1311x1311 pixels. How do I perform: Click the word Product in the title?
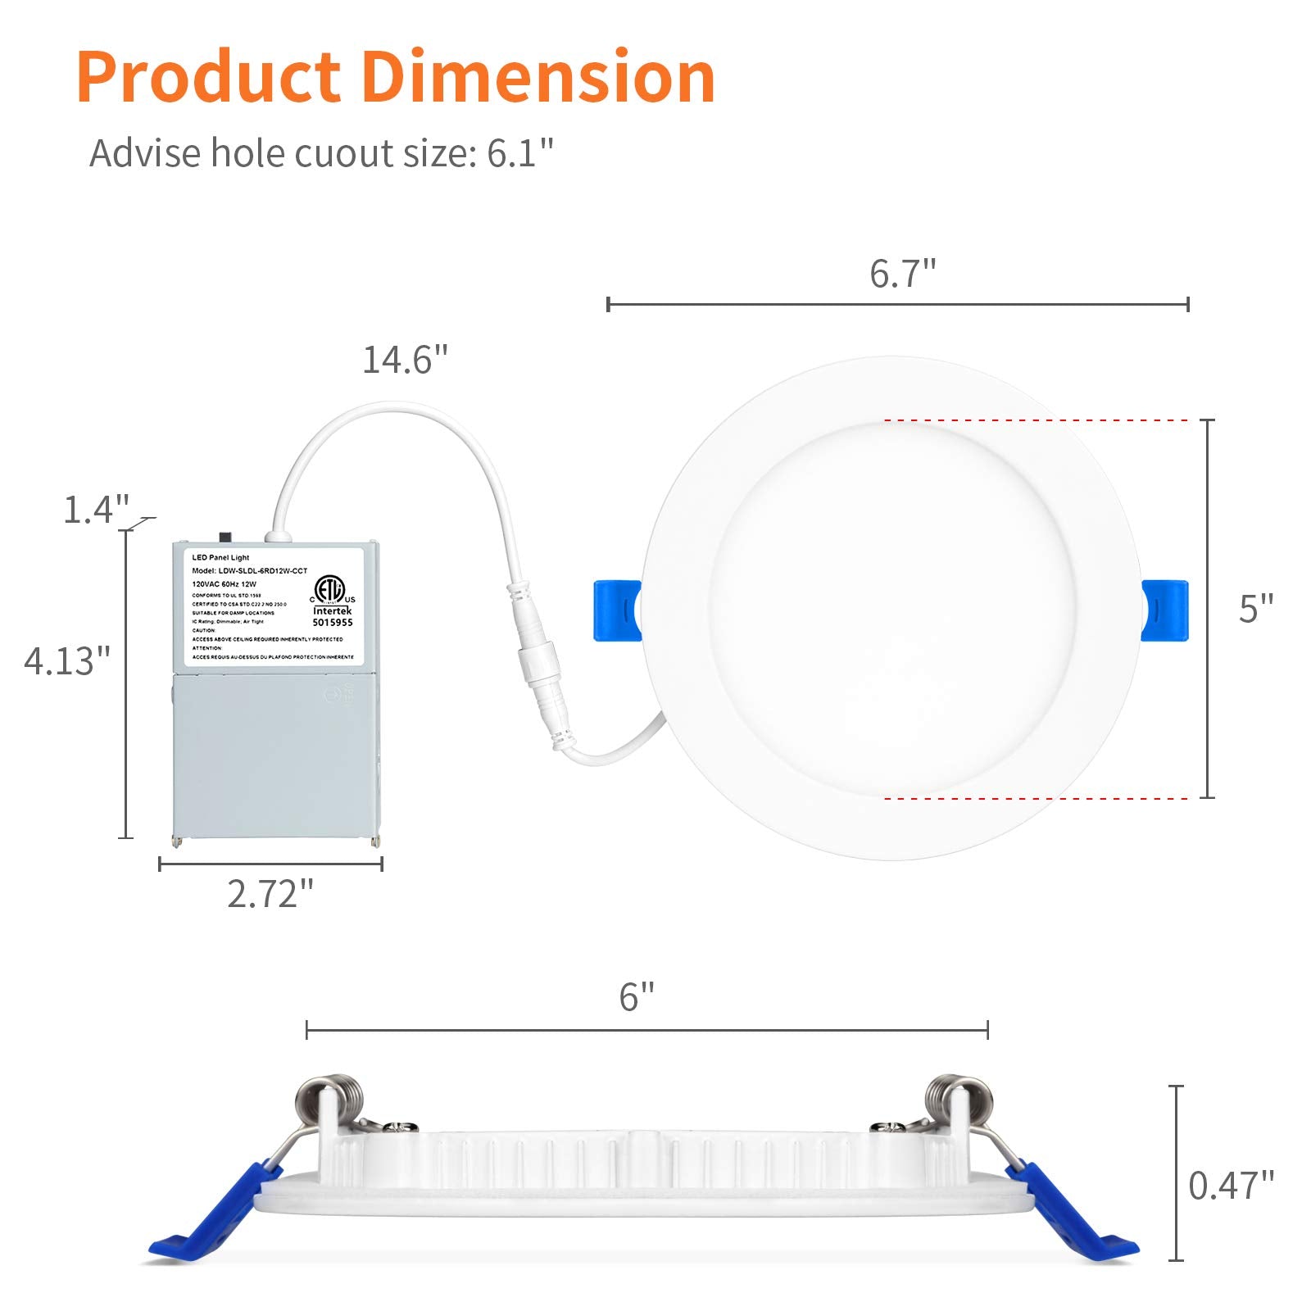[209, 78]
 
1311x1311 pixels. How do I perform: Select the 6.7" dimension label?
[902, 274]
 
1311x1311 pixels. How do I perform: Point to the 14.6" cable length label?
[406, 360]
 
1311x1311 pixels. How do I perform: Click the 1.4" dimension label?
[97, 510]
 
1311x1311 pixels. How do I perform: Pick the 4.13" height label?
[66, 660]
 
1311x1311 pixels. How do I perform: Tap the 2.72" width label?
[270, 894]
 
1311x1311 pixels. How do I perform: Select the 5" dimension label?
[1255, 609]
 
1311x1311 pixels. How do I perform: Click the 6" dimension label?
[637, 997]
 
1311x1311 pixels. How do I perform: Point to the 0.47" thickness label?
[1231, 1186]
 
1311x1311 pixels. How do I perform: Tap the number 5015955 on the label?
[332, 623]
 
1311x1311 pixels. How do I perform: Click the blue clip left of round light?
[616, 610]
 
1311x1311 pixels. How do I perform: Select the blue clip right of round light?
[1164, 610]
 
